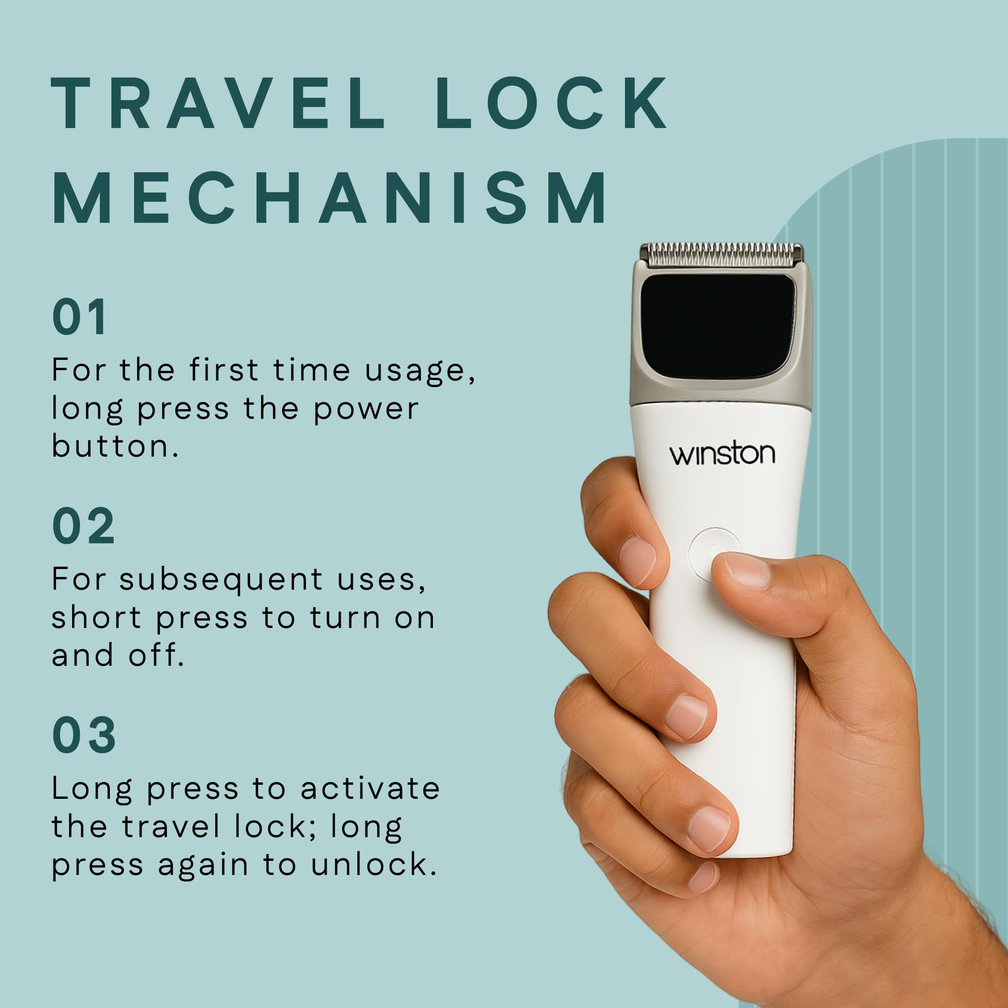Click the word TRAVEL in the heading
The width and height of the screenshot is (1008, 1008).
pyautogui.click(x=218, y=104)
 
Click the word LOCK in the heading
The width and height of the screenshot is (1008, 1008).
pyautogui.click(x=552, y=103)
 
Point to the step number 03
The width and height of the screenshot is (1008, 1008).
pyautogui.click(x=84, y=735)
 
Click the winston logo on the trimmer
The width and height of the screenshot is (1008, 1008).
pyautogui.click(x=722, y=454)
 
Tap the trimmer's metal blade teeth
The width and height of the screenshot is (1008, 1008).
pyautogui.click(x=722, y=255)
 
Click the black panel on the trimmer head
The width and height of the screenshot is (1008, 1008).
pyautogui.click(x=717, y=326)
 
